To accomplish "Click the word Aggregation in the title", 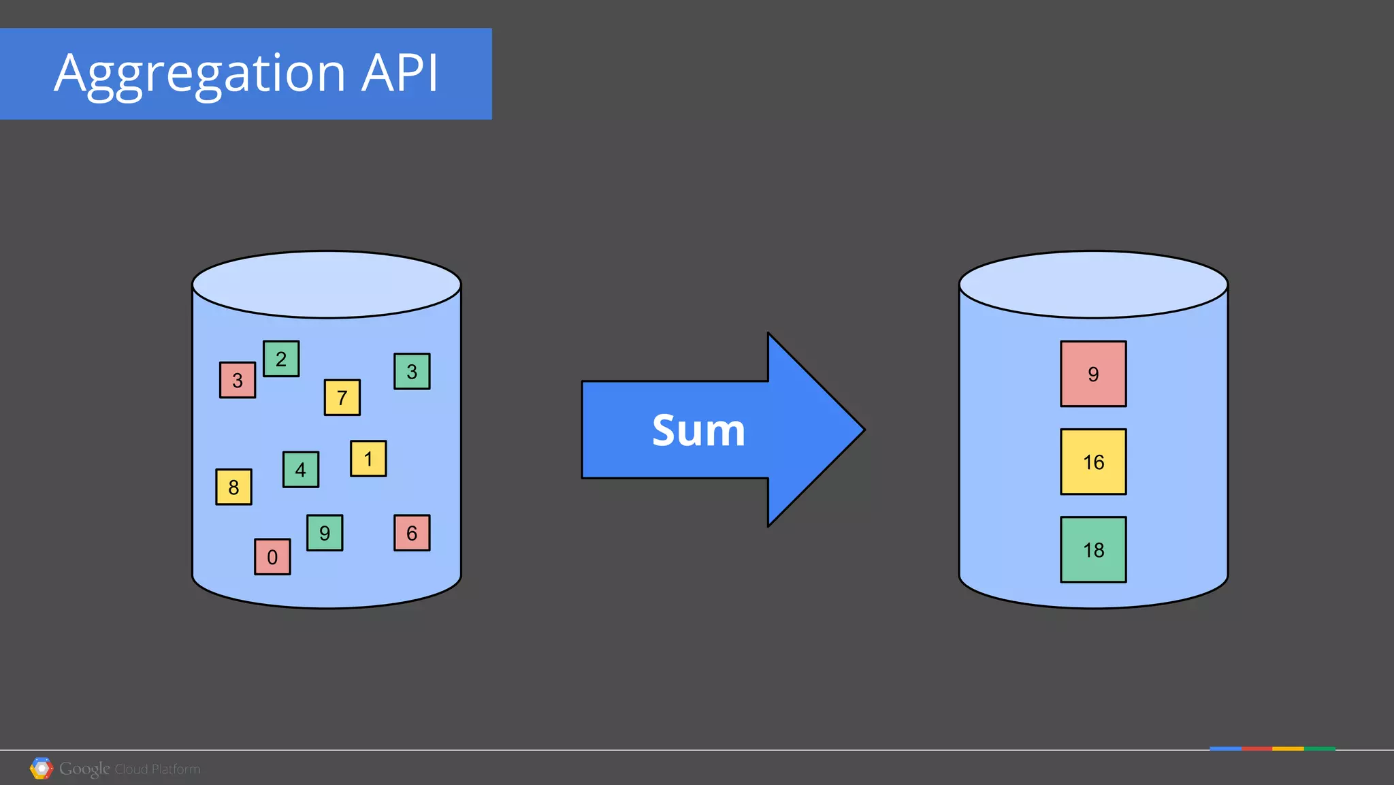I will coord(199,74).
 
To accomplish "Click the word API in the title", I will coord(400,72).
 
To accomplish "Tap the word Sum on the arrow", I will coord(698,430).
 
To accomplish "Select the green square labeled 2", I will coord(281,359).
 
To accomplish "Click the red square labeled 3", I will coord(238,380).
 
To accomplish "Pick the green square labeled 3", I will coord(412,371).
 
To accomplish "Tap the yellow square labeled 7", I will coord(342,398).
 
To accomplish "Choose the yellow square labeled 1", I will coord(368,459).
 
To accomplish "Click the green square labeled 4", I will coord(301,470).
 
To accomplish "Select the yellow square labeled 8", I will coord(233,487).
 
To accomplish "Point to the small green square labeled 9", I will coord(325,532).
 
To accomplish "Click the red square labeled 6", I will coord(412,532).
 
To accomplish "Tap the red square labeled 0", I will coord(272,557).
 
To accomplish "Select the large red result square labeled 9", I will coord(1093,374).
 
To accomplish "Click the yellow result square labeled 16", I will coord(1093,462).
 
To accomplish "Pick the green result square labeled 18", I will coord(1093,549).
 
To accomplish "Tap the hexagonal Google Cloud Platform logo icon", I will coord(42,769).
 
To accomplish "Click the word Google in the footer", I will coord(84,769).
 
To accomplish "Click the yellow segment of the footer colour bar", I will coord(1288,749).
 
